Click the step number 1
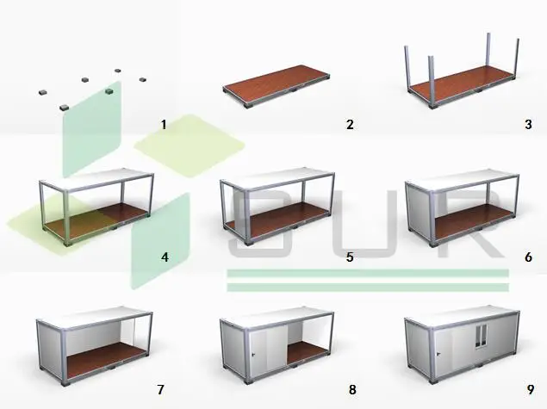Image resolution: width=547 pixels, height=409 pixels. coord(164,125)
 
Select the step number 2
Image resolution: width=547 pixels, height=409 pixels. coord(350,125)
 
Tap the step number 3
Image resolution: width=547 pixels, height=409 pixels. coord(529,125)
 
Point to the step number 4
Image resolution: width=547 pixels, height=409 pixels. coord(165,257)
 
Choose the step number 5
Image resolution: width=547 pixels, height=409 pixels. coord(350,257)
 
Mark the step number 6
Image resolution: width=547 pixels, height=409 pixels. coord(529,257)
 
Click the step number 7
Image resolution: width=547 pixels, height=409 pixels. coord(160,389)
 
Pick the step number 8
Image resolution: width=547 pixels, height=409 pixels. coord(352,389)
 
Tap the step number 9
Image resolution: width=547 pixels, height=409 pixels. coord(531,389)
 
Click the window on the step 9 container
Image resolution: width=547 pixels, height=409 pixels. coord(481,336)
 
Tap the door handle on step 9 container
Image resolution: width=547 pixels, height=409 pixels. coord(438,355)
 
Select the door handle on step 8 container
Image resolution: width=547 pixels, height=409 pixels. coord(253,355)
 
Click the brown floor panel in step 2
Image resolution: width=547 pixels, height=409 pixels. coord(276,83)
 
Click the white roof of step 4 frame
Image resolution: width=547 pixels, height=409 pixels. coord(96,179)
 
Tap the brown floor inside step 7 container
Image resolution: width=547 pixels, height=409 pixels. coord(104,358)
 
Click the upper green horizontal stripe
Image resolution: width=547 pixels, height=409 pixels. coord(368,273)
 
